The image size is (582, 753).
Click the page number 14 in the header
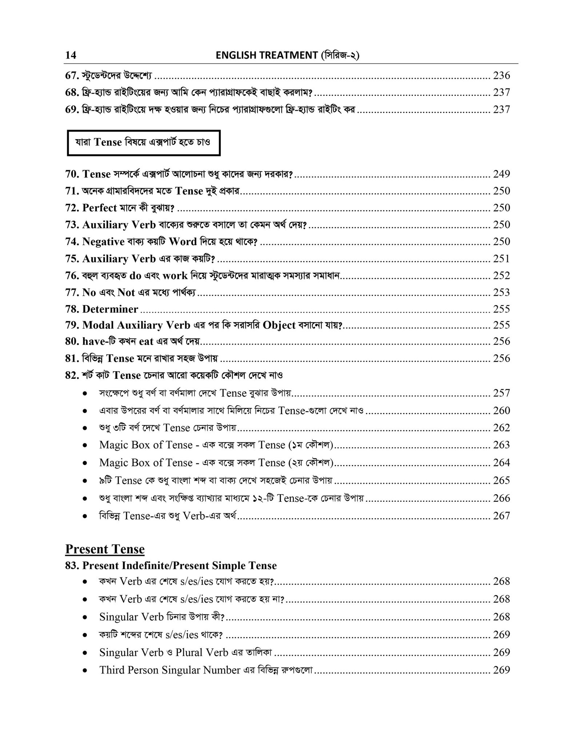coord(71,55)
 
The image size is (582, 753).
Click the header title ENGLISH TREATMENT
coord(267,55)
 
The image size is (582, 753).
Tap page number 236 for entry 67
coord(501,75)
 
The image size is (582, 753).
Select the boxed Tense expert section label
coord(144,143)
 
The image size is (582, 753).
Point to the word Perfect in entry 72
coord(100,208)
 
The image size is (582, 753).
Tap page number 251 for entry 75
coord(501,259)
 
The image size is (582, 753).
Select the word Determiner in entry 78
coord(110,309)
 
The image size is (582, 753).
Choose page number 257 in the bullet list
coord(501,393)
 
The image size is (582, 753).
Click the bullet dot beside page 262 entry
coord(85,428)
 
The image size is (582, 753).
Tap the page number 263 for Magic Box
coord(501,445)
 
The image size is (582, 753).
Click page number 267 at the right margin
coord(501,516)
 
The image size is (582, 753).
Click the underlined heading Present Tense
coord(105,549)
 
